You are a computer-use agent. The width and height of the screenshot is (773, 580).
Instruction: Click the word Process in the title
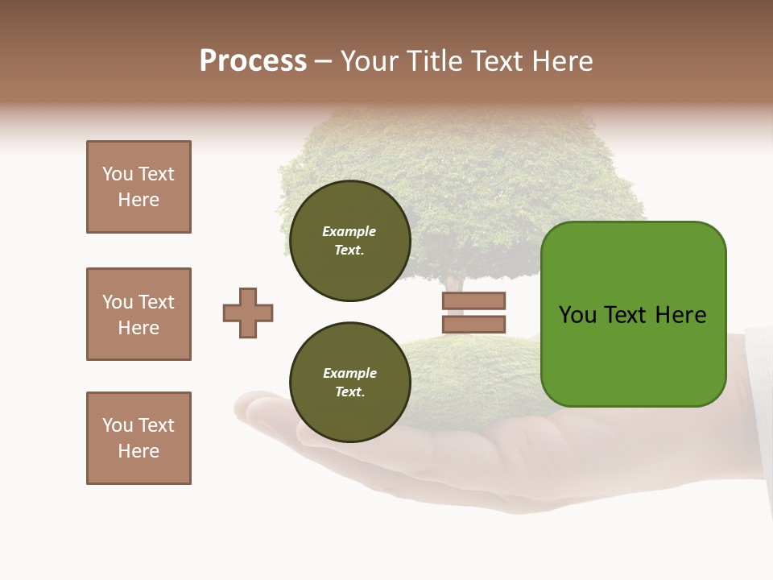(253, 61)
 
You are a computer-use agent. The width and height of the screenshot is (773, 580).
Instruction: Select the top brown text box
(138, 187)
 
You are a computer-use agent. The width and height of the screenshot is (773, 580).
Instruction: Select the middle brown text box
(138, 314)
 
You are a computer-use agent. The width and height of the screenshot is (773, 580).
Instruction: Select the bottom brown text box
(138, 438)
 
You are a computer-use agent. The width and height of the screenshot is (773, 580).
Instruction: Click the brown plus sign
(248, 313)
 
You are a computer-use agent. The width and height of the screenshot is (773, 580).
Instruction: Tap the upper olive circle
(350, 241)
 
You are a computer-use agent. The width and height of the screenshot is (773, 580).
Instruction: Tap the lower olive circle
(350, 383)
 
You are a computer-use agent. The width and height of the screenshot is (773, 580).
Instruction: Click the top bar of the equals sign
(473, 301)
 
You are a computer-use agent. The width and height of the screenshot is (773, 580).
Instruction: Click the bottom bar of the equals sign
(473, 324)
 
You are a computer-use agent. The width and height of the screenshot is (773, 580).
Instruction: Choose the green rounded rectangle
(633, 354)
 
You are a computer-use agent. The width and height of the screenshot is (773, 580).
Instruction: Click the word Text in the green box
(627, 315)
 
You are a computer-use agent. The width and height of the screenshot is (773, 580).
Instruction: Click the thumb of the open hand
(258, 403)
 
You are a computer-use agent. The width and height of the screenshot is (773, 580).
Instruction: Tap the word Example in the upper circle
(349, 231)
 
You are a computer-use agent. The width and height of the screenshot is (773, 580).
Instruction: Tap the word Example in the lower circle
(349, 373)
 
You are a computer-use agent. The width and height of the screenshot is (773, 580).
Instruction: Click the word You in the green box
(577, 315)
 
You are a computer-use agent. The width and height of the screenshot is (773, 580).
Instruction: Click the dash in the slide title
(323, 61)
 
